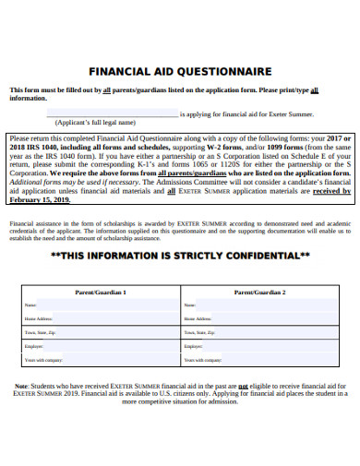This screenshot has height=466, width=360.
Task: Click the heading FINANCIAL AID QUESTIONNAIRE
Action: tap(179, 69)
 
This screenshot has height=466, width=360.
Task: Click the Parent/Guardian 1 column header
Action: tap(100, 292)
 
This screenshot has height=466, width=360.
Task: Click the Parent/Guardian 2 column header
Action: tap(259, 292)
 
